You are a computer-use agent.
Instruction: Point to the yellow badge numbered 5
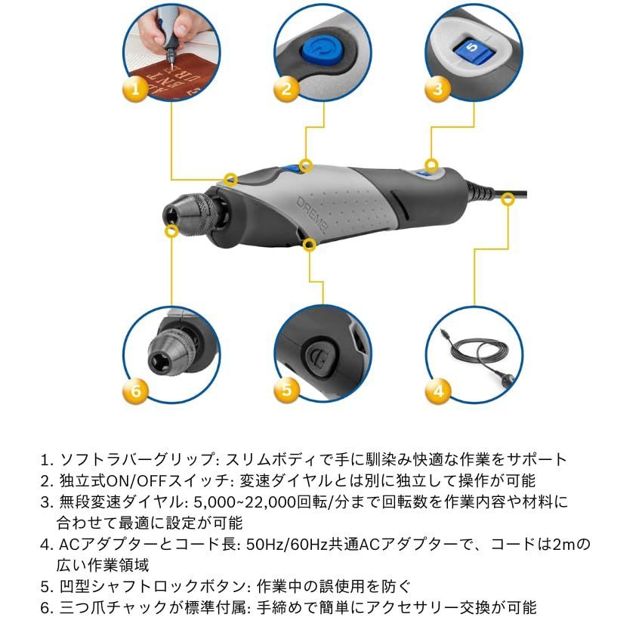tap(286, 390)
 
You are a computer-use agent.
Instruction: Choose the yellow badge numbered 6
tap(135, 390)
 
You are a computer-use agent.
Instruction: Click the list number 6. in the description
tap(48, 607)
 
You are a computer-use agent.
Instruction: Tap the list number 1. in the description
tap(48, 459)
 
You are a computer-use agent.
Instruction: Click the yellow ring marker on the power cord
tap(507, 197)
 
